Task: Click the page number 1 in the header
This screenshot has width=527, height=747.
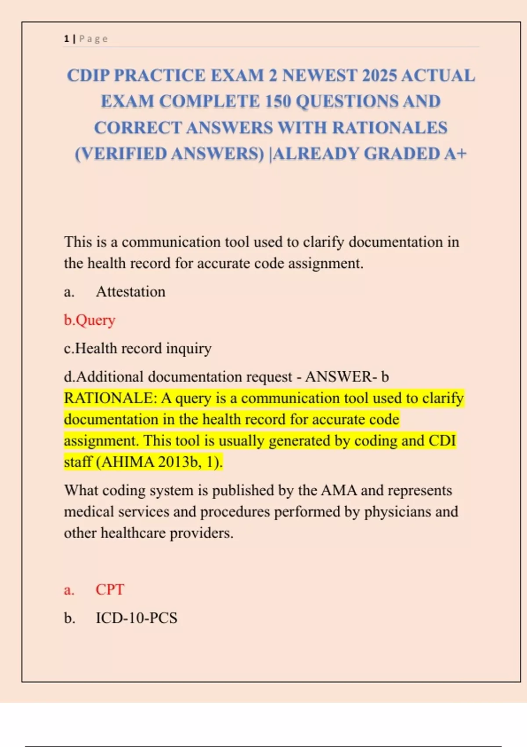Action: pyautogui.click(x=66, y=39)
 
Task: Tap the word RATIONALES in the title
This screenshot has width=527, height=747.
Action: pyautogui.click(x=390, y=128)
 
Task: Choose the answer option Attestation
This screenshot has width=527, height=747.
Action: pyautogui.click(x=130, y=292)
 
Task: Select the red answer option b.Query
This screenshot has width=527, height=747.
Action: pyautogui.click(x=90, y=320)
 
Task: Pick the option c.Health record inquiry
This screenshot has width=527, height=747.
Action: pyautogui.click(x=137, y=348)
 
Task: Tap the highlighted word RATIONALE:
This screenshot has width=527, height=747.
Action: pyautogui.click(x=110, y=398)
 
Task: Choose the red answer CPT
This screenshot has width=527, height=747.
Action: pyautogui.click(x=110, y=590)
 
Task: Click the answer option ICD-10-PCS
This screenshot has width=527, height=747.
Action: pyautogui.click(x=137, y=618)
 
